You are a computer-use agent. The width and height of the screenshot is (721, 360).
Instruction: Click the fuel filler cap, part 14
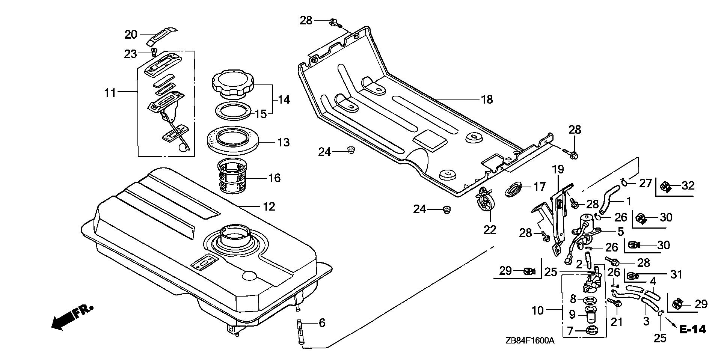click(233, 86)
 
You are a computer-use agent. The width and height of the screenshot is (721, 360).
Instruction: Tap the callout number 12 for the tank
click(269, 206)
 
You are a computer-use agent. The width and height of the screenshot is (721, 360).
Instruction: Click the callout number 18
click(487, 99)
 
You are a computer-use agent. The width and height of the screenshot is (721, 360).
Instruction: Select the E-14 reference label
click(692, 329)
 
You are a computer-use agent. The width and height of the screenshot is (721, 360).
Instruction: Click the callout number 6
click(321, 323)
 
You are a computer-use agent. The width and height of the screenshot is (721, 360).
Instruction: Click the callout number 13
click(284, 143)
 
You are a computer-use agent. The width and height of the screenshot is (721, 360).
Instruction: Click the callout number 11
click(110, 92)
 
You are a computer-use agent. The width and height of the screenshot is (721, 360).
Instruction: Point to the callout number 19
click(558, 169)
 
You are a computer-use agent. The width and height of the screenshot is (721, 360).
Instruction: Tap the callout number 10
click(538, 310)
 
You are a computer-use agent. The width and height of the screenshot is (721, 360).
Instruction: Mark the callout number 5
click(620, 232)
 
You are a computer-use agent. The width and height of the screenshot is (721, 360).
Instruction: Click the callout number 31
click(676, 275)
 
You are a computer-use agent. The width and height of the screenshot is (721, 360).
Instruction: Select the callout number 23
click(130, 54)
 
